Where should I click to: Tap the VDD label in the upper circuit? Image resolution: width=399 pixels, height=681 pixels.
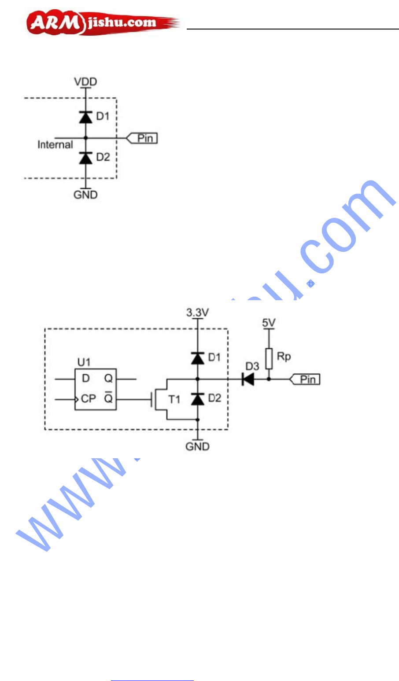pyautogui.click(x=85, y=82)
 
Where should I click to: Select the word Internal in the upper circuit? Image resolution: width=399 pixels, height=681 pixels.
pyautogui.click(x=55, y=145)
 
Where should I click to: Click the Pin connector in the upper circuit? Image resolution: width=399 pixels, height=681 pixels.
pyautogui.click(x=142, y=138)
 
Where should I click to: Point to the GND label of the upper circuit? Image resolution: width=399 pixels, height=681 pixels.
pyautogui.click(x=85, y=195)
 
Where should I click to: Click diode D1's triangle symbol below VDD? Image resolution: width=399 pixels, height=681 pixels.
pyautogui.click(x=85, y=118)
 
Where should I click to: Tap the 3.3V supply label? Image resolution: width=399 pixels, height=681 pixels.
pyautogui.click(x=197, y=313)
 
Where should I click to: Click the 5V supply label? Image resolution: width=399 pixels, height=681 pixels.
pyautogui.click(x=268, y=323)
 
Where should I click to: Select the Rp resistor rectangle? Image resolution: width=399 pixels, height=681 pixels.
pyautogui.click(x=269, y=358)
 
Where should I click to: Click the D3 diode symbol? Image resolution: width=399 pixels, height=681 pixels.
pyautogui.click(x=248, y=379)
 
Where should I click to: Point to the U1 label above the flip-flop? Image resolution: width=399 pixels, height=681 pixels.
pyautogui.click(x=84, y=362)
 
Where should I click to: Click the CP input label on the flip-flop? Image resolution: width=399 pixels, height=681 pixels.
pyautogui.click(x=89, y=399)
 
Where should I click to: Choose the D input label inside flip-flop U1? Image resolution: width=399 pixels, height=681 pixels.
pyautogui.click(x=85, y=379)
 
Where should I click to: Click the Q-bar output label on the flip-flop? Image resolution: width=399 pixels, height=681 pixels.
pyautogui.click(x=108, y=398)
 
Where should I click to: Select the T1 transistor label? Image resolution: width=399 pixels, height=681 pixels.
pyautogui.click(x=174, y=399)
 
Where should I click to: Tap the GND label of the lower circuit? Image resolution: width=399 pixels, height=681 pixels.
pyautogui.click(x=197, y=446)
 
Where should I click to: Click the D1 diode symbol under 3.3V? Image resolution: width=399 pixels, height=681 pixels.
pyautogui.click(x=197, y=358)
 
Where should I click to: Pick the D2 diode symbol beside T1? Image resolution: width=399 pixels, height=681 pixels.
pyautogui.click(x=197, y=399)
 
